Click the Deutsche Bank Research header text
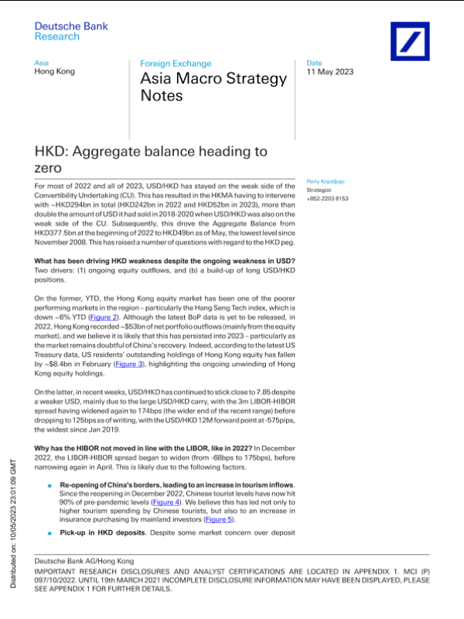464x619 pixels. click(71, 31)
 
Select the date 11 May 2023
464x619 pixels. click(330, 72)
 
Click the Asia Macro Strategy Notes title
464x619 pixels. click(213, 87)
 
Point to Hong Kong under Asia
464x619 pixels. click(55, 71)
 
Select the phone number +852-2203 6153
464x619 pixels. click(329, 198)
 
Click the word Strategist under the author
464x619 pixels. click(320, 190)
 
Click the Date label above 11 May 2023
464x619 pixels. click(314, 62)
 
